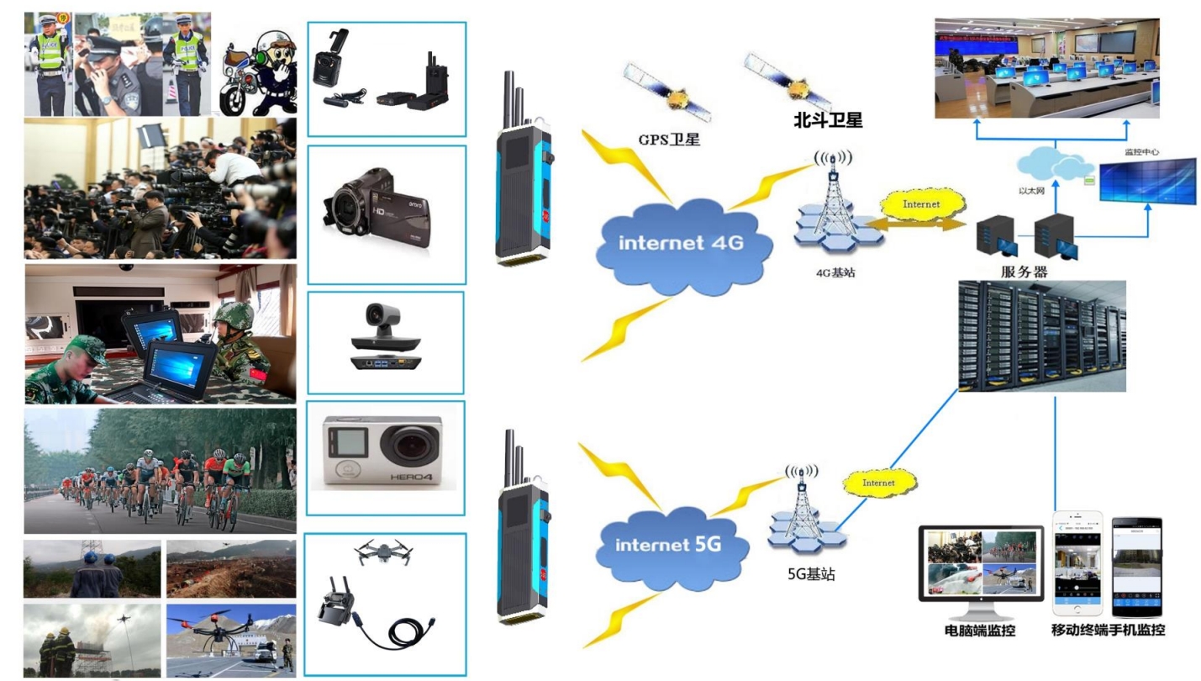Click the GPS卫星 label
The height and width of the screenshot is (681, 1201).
[669, 140]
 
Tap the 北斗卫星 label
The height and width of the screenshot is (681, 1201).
[828, 120]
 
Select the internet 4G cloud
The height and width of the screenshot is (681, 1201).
[681, 244]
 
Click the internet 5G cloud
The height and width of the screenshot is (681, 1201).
[669, 544]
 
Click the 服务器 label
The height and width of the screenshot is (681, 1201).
[1024, 272]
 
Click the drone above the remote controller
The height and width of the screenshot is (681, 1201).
[383, 552]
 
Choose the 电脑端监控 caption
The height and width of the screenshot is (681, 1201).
[981, 630]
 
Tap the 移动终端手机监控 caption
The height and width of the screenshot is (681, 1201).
[1108, 630]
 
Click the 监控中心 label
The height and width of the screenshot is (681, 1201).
[1141, 152]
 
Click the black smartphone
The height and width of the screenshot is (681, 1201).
[1136, 567]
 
